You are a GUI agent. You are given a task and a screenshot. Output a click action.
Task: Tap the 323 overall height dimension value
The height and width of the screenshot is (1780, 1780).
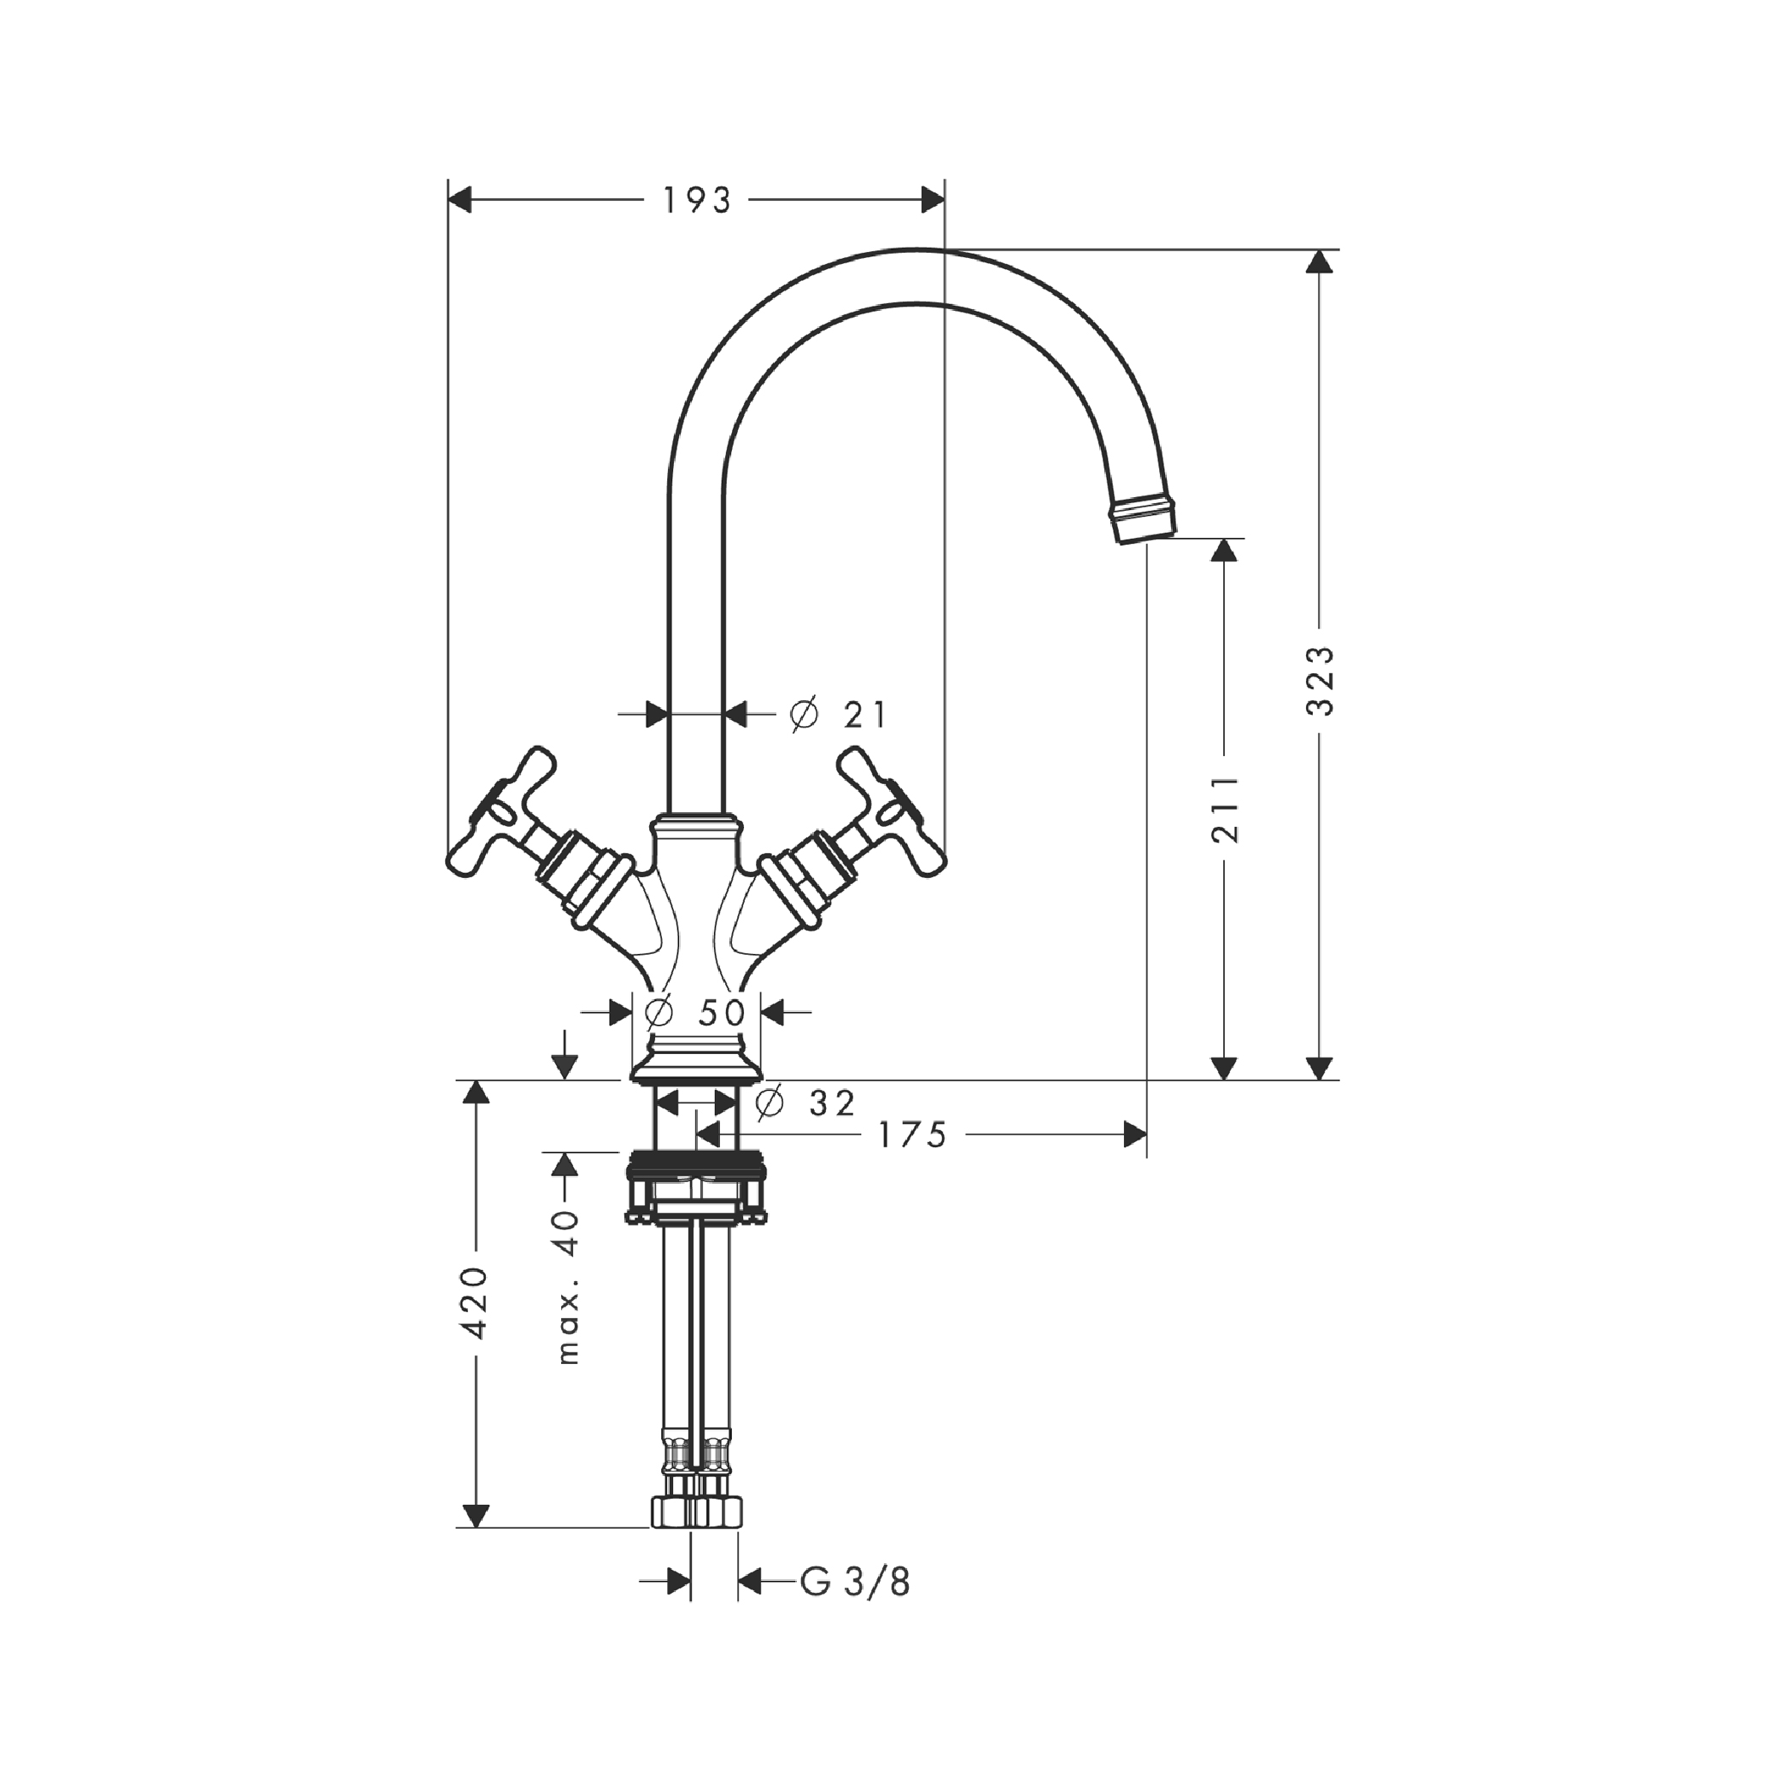click(1321, 680)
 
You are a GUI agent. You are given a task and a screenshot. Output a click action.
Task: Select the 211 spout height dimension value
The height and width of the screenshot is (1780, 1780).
click(1226, 809)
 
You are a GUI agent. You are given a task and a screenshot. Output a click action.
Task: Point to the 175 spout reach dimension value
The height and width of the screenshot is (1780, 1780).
click(911, 1135)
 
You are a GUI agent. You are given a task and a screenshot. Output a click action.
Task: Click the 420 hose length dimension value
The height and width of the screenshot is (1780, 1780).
click(475, 1302)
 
